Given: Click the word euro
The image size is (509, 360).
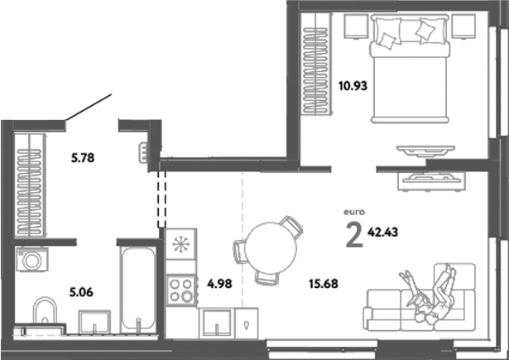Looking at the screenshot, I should [354, 213].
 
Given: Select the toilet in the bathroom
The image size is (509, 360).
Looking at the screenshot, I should [44, 314].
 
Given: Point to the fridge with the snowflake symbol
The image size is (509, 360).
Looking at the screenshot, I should [180, 247].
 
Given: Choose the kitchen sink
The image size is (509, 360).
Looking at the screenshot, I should [216, 321].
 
